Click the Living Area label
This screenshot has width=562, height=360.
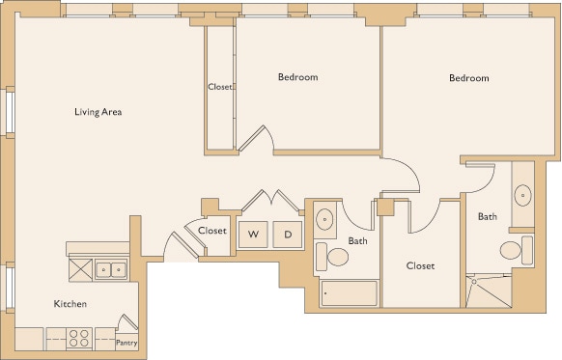click(98, 112)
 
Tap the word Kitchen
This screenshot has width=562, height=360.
click(70, 304)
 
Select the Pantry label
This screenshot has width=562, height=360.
click(126, 343)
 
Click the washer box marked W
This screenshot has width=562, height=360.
click(254, 234)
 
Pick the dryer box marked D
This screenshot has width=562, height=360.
click(287, 234)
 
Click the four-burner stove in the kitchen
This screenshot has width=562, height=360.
click(79, 339)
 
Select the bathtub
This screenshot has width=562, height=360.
click(349, 293)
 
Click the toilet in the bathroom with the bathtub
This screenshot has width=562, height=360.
click(337, 257)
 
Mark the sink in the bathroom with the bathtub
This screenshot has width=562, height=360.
click(325, 218)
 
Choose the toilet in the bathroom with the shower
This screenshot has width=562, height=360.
click(513, 252)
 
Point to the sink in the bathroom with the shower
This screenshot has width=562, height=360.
click(522, 196)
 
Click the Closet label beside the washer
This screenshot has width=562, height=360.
click(212, 231)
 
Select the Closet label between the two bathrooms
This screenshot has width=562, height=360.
click(420, 265)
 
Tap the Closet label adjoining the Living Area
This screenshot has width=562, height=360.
click(219, 87)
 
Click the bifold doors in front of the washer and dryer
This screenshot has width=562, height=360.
click(271, 200)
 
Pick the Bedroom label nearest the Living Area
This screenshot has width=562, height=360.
click(297, 77)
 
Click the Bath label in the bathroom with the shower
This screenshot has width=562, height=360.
click(487, 216)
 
